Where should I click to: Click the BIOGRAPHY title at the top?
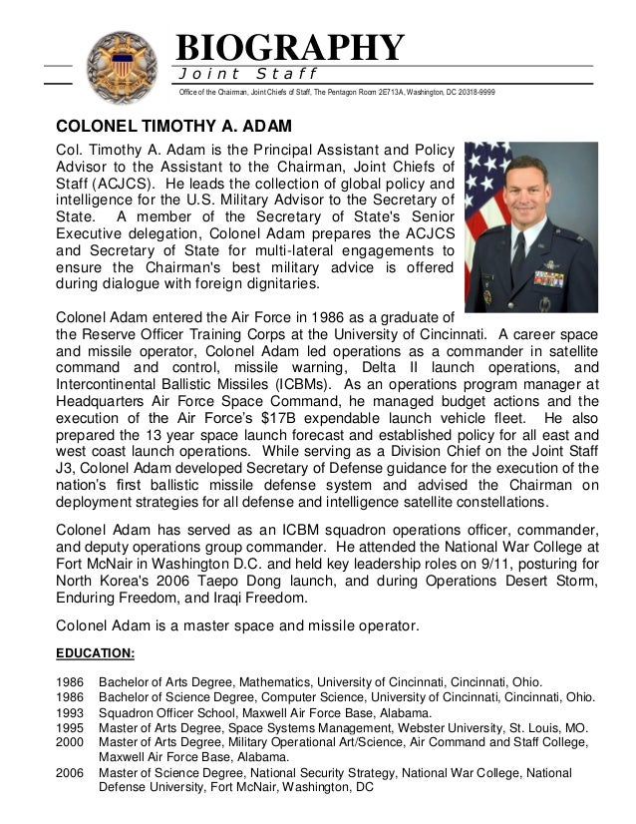(x=290, y=47)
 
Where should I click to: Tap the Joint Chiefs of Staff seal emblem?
(x=123, y=66)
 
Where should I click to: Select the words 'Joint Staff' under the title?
(x=247, y=74)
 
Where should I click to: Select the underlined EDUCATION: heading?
(x=99, y=654)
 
